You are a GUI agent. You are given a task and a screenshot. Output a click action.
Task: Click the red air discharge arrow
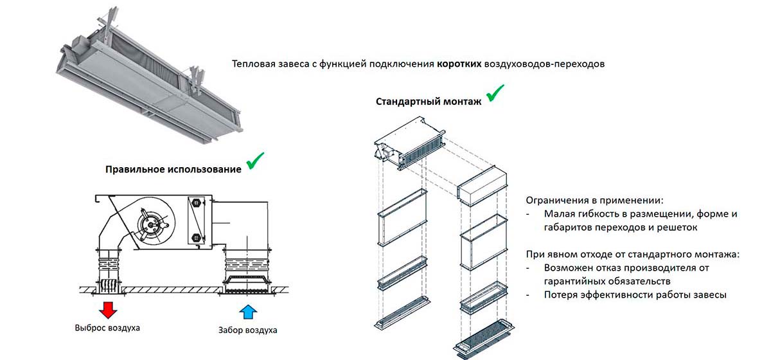click(x=107, y=310)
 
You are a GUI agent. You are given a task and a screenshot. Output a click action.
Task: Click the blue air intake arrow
click(x=247, y=312)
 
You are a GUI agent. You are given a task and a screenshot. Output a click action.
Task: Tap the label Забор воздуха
click(x=247, y=330)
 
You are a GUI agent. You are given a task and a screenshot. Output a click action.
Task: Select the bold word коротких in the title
click(x=459, y=64)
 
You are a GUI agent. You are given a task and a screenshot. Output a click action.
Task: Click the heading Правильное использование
click(x=173, y=170)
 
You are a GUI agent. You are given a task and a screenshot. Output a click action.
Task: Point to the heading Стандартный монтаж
click(x=428, y=102)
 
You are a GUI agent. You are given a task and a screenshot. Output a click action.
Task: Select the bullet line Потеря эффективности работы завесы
click(x=635, y=295)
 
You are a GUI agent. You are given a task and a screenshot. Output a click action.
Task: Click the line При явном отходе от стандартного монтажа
click(x=632, y=254)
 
